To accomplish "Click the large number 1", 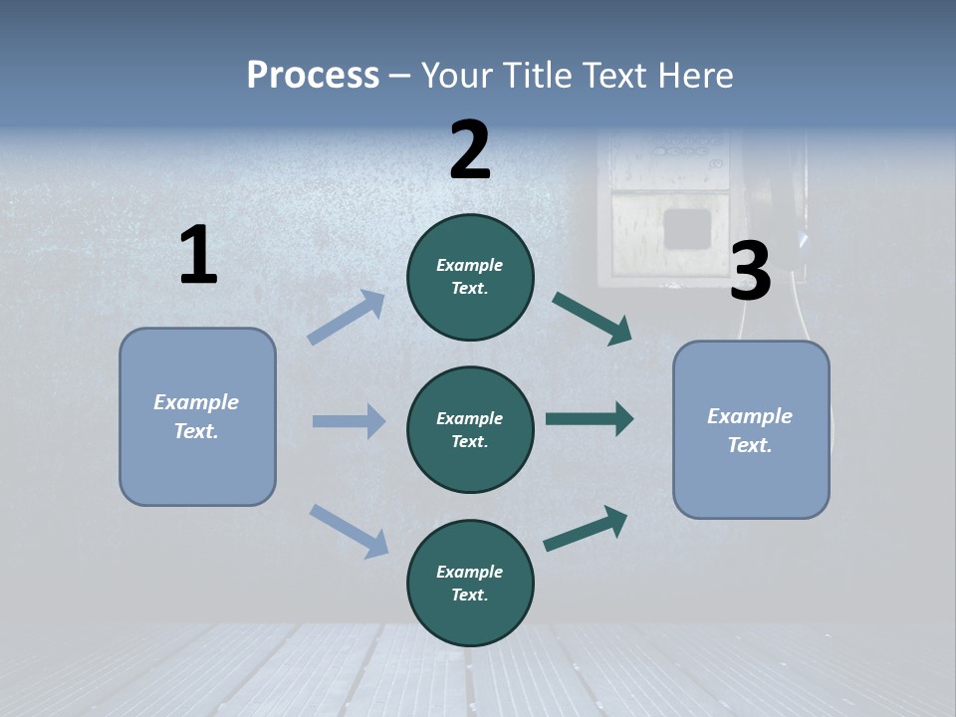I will tap(198, 256).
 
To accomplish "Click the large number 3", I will tap(750, 272).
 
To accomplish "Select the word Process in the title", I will tap(313, 75).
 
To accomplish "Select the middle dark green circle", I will tap(470, 429).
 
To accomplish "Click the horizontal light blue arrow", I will tap(349, 421).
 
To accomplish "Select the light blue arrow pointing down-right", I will tap(350, 530).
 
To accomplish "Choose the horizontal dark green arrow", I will tap(590, 419).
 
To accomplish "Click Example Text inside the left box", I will tap(196, 416).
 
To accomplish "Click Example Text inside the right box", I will tap(750, 430).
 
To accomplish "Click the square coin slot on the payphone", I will tap(687, 227).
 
